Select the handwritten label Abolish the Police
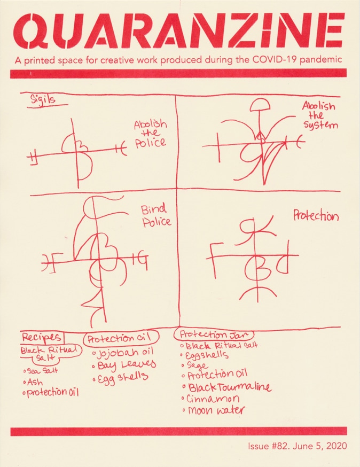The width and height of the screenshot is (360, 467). (x=150, y=134)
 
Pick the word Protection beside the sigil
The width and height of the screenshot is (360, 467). (x=316, y=216)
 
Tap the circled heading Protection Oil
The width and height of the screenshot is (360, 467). (x=122, y=338)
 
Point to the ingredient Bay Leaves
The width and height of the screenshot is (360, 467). (x=126, y=365)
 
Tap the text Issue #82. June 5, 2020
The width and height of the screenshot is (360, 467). (x=297, y=446)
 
